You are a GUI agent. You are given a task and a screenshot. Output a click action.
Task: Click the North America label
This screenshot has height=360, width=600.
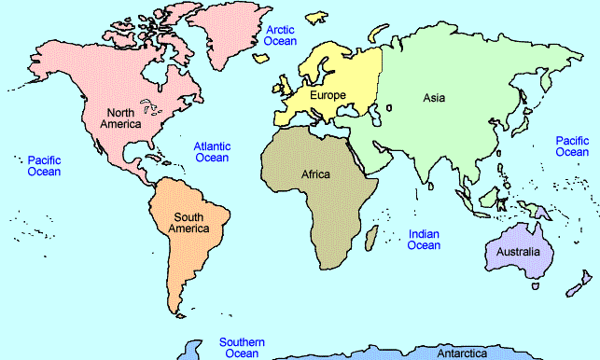(x=123, y=118)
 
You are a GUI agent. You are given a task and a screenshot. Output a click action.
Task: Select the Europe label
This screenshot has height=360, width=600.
(x=328, y=95)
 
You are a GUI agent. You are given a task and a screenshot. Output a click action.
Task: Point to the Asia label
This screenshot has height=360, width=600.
(x=434, y=97)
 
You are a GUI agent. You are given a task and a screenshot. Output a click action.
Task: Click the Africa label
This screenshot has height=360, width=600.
(x=316, y=173)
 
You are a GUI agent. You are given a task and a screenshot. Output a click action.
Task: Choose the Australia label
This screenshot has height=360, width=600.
(x=519, y=252)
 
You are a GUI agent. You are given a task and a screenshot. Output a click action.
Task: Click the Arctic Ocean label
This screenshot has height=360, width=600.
(x=281, y=35)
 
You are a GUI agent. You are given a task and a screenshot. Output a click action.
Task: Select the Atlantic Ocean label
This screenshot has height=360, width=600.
(x=211, y=152)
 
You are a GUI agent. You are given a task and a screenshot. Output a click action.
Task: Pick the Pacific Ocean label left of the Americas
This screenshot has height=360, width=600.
(x=44, y=165)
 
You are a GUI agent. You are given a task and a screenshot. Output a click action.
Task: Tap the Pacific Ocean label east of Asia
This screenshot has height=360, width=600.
(x=572, y=145)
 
